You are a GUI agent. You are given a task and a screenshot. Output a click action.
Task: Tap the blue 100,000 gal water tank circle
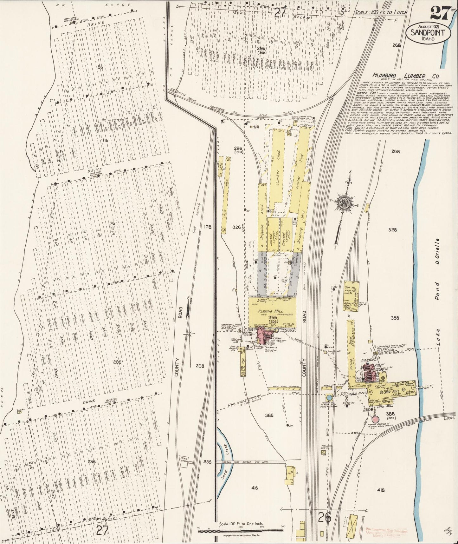pos(329,397)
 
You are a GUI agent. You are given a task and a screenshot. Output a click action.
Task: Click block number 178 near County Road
pos(208,227)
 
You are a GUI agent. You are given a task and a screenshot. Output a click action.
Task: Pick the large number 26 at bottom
pos(325,518)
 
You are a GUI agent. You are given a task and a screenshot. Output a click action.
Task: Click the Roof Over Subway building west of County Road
pos(284,388)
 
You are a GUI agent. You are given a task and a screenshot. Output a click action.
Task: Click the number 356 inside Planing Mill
pos(273,317)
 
